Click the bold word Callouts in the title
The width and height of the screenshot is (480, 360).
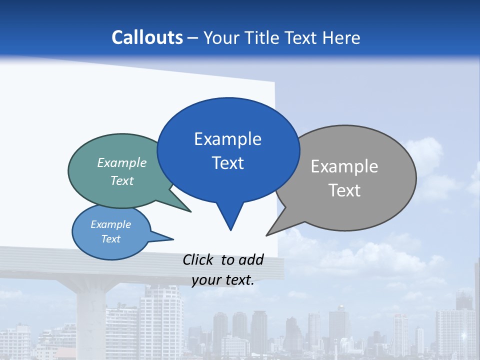click(147, 37)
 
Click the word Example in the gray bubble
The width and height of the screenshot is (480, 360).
click(344, 166)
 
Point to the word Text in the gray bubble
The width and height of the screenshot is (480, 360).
click(344, 190)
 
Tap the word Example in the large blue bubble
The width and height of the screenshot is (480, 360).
click(227, 139)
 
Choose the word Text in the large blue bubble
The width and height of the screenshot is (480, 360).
click(228, 163)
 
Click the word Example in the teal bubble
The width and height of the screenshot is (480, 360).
click(122, 162)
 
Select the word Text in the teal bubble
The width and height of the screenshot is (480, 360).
click(122, 180)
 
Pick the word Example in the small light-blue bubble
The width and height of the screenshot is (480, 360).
click(111, 224)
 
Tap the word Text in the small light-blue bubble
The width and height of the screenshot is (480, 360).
click(111, 239)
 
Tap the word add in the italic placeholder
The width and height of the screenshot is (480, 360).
click(251, 260)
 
